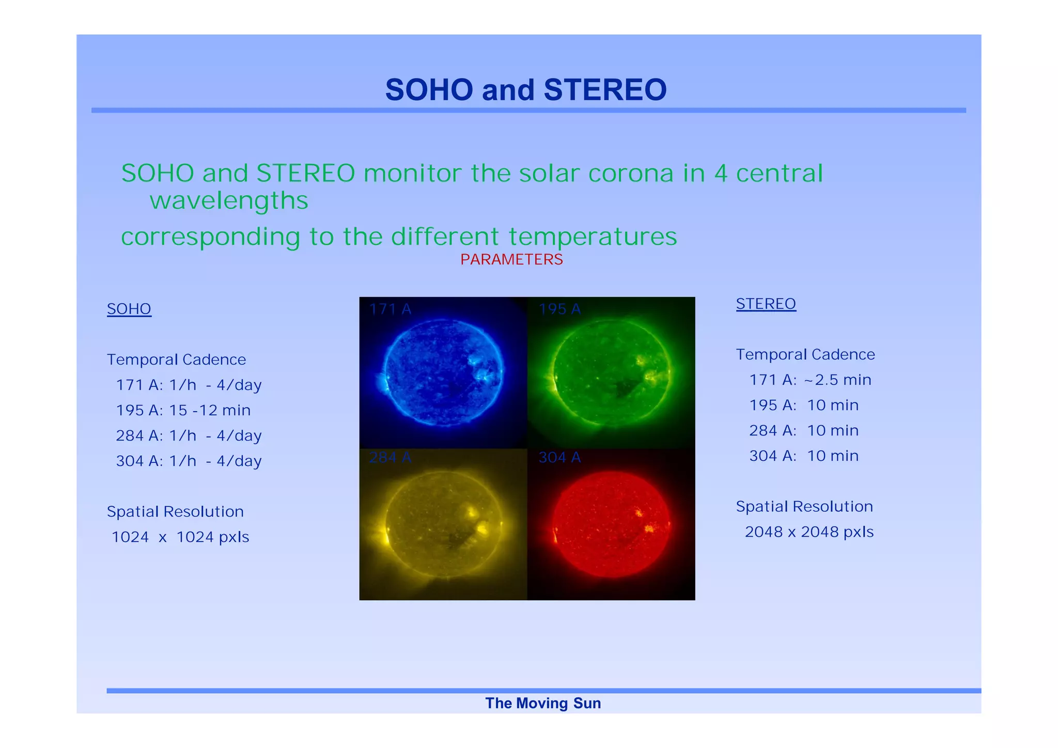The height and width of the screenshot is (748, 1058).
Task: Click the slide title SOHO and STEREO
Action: click(x=525, y=90)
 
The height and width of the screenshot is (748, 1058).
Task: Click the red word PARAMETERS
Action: click(x=511, y=259)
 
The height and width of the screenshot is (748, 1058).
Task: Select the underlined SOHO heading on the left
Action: click(x=129, y=309)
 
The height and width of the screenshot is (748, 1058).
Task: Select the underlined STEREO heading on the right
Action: click(x=766, y=304)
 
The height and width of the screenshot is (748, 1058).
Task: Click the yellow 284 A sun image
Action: click(x=443, y=524)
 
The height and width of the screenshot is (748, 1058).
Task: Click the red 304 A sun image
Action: click(x=611, y=524)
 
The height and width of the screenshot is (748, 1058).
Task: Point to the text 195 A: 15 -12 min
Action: click(x=183, y=410)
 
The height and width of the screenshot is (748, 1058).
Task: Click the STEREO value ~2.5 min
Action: click(x=837, y=380)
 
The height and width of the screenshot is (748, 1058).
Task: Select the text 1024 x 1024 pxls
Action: click(x=180, y=537)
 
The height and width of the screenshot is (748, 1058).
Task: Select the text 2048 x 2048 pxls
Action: click(x=809, y=532)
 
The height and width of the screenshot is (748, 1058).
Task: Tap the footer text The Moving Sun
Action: click(x=542, y=703)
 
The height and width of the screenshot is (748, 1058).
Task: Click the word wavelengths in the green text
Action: click(x=229, y=200)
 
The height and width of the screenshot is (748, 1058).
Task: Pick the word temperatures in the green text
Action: click(x=593, y=237)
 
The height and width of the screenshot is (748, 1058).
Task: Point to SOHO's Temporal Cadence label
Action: click(x=176, y=360)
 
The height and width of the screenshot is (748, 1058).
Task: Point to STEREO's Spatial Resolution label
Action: click(x=804, y=506)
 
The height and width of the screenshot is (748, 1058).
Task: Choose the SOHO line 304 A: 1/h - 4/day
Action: click(x=189, y=461)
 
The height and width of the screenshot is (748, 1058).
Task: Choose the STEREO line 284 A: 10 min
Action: click(x=804, y=430)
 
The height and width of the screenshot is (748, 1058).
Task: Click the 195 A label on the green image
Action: click(x=559, y=309)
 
